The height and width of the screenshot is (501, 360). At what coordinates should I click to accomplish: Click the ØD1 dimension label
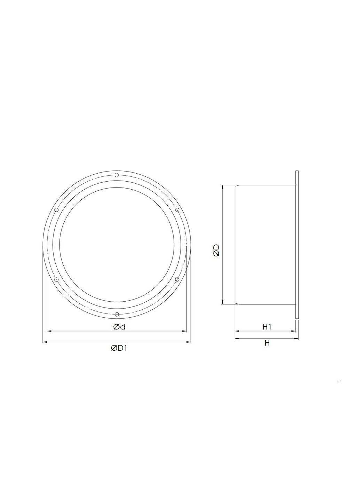(119, 348)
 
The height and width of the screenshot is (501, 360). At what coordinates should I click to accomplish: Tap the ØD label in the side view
(216, 250)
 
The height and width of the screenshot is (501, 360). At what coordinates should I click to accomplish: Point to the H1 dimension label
(267, 327)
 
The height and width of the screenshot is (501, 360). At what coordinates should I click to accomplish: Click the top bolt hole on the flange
(117, 175)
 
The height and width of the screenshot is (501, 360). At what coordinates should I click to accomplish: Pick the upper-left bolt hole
(56, 210)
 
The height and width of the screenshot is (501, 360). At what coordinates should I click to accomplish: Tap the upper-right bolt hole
(177, 209)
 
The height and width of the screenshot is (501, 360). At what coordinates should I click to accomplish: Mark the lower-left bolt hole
(57, 279)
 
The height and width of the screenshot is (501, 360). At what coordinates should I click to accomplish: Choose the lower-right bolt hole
(177, 279)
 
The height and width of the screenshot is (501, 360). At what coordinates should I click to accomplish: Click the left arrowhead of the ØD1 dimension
(45, 342)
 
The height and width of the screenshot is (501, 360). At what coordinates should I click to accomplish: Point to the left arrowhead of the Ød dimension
(49, 331)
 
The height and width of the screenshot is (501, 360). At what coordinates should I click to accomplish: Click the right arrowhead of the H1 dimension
(293, 331)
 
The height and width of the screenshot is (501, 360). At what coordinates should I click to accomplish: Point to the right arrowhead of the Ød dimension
(185, 331)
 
